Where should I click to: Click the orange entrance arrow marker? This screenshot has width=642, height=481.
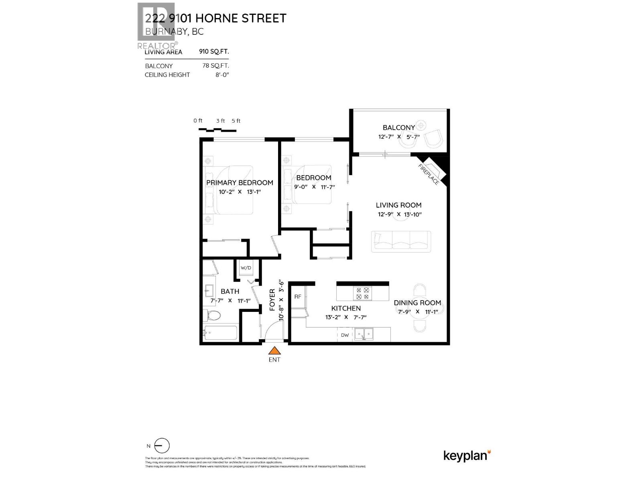coord(274,351)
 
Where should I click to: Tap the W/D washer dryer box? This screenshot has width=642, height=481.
coord(246,268)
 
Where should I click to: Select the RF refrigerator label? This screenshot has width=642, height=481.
coord(298,297)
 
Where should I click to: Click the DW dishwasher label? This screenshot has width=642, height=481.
coord(345,335)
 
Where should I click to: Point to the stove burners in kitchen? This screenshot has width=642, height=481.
coord(363,294)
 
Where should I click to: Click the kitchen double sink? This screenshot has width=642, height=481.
coord(364,334)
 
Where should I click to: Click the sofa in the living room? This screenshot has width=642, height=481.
coord(401,241)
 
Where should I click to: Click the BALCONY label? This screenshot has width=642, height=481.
coord(398,127)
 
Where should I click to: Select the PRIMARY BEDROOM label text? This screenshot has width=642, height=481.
coord(240,183)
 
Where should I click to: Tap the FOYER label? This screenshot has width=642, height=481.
coord(272,300)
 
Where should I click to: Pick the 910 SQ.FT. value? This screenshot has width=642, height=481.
coord(214,52)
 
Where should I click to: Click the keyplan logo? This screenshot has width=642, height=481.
coord(467,456)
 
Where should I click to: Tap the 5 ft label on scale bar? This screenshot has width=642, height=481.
coord(236,121)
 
